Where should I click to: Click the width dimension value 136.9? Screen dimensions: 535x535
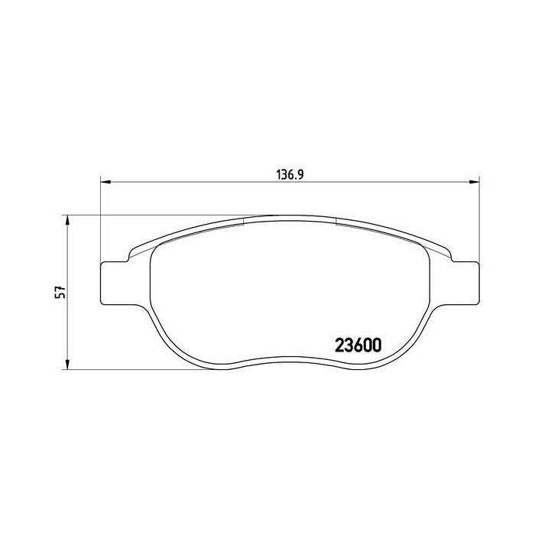pyautogui.click(x=290, y=173)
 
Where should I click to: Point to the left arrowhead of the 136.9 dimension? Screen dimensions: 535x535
pyautogui.click(x=105, y=182)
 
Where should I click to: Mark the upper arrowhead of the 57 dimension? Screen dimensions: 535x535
pyautogui.click(x=68, y=220)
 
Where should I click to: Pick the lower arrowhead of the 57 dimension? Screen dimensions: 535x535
pyautogui.click(x=68, y=364)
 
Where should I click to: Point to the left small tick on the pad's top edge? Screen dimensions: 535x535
pyautogui.click(x=242, y=221)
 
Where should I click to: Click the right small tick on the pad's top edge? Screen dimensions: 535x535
pyautogui.click(x=336, y=221)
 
